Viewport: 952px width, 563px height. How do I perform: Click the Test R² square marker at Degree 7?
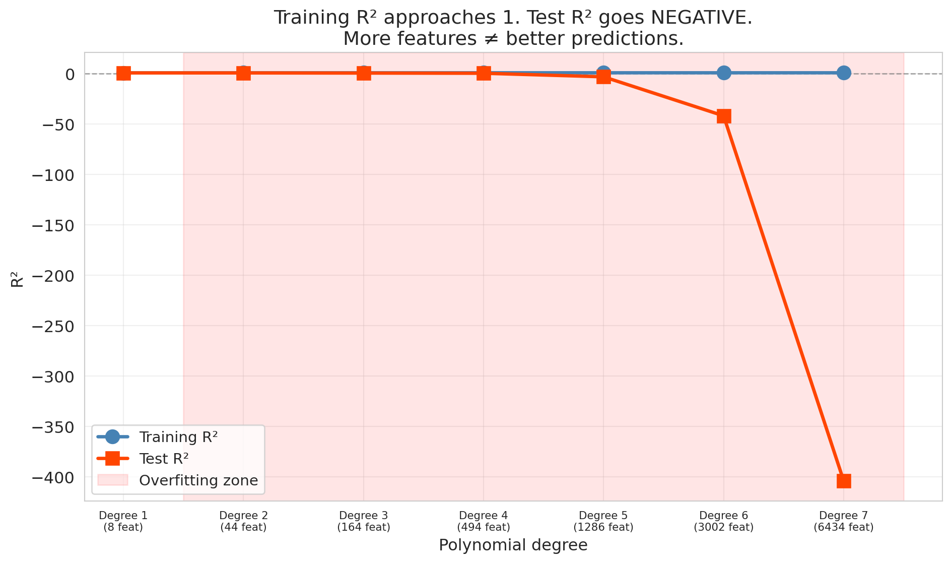tap(844, 481)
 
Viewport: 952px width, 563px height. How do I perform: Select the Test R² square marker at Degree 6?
tap(724, 116)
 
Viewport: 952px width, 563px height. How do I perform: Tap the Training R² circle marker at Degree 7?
tap(844, 73)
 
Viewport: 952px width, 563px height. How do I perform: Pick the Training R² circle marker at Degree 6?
tap(724, 73)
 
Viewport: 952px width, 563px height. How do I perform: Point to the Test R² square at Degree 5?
tap(603, 77)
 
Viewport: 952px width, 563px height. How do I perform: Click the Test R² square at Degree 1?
tap(123, 74)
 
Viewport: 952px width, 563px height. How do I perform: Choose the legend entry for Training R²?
tap(178, 437)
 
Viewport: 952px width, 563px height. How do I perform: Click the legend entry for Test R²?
tap(164, 459)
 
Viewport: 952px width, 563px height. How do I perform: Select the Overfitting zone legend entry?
tap(198, 480)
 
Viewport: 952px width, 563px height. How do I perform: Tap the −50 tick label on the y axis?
tap(57, 124)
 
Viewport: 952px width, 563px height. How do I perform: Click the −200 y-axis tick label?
tap(52, 276)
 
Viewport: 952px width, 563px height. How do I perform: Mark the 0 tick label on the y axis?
tap(70, 74)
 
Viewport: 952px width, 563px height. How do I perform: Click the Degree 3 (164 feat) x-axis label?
tap(363, 522)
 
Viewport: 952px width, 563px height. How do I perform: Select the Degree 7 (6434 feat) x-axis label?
tap(844, 522)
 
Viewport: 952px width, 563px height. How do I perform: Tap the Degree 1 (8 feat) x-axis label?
tap(123, 522)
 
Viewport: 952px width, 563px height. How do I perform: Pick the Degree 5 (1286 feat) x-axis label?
tap(603, 522)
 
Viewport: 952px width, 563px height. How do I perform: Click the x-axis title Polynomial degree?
tap(513, 545)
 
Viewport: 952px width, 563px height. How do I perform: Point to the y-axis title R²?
tap(17, 279)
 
